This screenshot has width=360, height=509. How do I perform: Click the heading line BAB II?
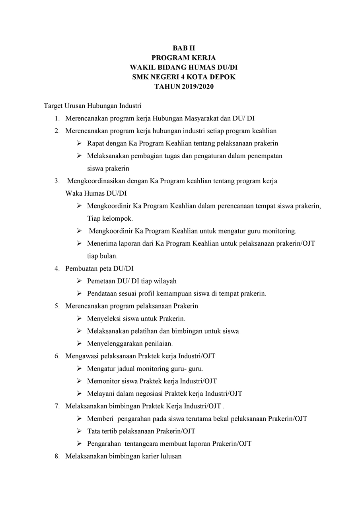click(184, 49)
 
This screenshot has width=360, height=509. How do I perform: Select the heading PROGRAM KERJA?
click(184, 58)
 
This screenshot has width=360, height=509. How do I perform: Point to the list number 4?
click(57, 268)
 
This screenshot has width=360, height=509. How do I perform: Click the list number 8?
click(57, 456)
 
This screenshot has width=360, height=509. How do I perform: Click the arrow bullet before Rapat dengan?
click(79, 143)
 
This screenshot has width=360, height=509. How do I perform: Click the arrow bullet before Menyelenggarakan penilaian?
click(79, 344)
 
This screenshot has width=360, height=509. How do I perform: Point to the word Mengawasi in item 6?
click(82, 356)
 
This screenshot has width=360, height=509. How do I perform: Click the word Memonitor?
click(103, 381)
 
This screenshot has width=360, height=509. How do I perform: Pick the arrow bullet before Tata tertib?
click(79, 431)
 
